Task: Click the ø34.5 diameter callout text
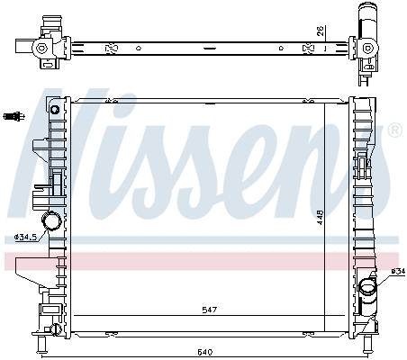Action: point(26,238)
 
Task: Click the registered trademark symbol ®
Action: point(393,130)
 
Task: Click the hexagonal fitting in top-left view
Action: point(41,49)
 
